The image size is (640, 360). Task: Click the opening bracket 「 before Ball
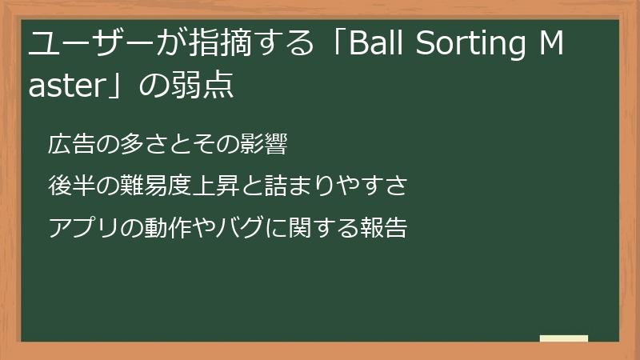click(x=330, y=46)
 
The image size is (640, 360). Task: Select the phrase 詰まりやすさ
click(x=342, y=187)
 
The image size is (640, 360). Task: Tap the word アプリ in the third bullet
click(x=78, y=229)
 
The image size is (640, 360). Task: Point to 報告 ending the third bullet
click(x=388, y=229)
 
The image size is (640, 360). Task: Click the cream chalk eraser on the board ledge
click(x=564, y=338)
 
